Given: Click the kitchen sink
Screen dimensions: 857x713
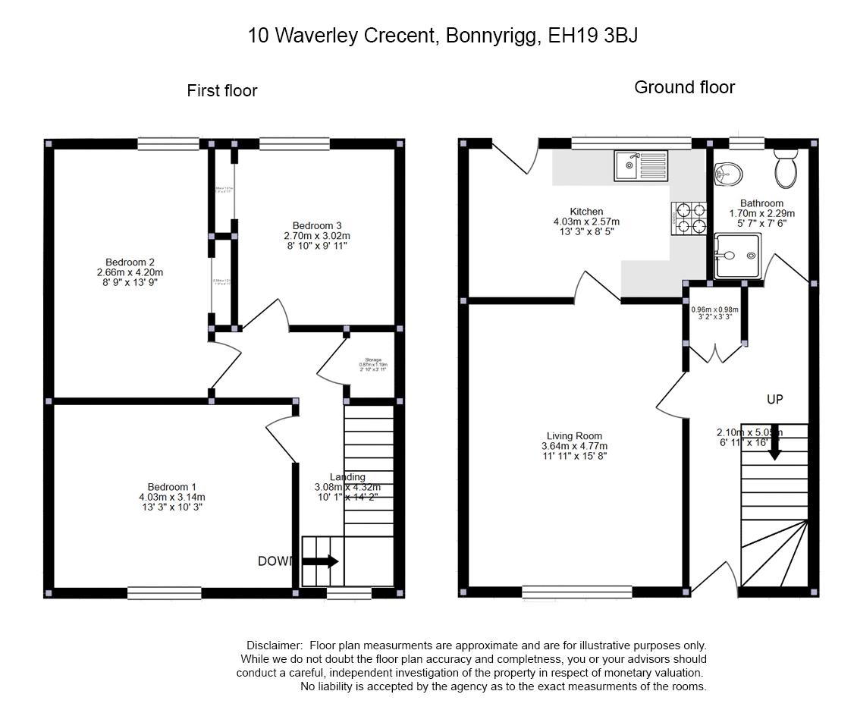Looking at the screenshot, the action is (x=641, y=165).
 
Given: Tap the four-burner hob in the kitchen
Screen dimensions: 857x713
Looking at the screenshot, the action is (x=689, y=216).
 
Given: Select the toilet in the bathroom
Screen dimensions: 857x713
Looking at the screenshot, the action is (x=786, y=168).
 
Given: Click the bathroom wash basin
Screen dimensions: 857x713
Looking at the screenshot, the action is (x=728, y=174).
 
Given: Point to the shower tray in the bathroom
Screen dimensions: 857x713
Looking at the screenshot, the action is (x=737, y=256).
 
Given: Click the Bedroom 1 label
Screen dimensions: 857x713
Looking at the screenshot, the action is (x=171, y=487).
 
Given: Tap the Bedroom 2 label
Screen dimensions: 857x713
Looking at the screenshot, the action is (x=130, y=262).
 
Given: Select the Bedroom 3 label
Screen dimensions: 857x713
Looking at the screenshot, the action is (x=317, y=225).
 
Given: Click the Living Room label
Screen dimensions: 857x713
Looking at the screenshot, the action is (x=574, y=436).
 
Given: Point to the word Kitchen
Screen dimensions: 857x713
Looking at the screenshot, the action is (x=586, y=212).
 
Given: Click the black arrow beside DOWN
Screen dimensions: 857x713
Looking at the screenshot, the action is (x=320, y=561).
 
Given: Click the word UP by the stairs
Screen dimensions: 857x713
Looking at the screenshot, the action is (x=774, y=399).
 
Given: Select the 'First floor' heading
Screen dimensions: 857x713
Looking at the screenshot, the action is (x=222, y=91).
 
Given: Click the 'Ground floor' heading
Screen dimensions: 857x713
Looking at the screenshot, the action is (x=684, y=87).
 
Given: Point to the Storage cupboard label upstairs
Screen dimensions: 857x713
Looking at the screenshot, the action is (x=372, y=360).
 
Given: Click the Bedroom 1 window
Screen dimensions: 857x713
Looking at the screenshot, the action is (x=164, y=593).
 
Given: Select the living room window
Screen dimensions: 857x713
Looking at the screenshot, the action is (x=576, y=592).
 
